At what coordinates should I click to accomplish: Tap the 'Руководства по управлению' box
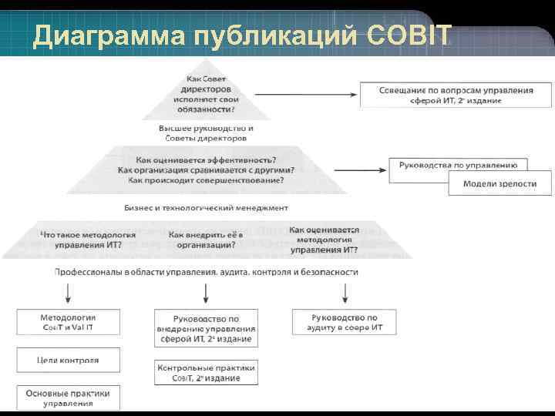coord(458,165)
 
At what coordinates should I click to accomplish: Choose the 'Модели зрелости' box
coord(499,183)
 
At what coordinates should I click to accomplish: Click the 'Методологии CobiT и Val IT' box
coord(69,323)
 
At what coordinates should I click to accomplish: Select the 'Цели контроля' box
coord(69,360)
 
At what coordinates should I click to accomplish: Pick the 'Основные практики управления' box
coord(69,398)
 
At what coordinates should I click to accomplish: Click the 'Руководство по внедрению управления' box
coord(205,328)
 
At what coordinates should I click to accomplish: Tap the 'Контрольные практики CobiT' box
coord(205,373)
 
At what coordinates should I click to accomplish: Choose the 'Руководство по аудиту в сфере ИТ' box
coord(344,323)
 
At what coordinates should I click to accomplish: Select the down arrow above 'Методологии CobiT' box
coord(69,292)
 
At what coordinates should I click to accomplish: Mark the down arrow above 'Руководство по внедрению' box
coord(205,292)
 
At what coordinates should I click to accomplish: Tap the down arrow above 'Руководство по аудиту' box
coord(344,292)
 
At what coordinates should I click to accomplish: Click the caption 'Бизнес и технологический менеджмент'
coord(206,207)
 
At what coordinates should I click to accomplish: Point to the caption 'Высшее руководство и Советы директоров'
coord(206,133)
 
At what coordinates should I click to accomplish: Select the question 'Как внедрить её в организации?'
coord(205,239)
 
